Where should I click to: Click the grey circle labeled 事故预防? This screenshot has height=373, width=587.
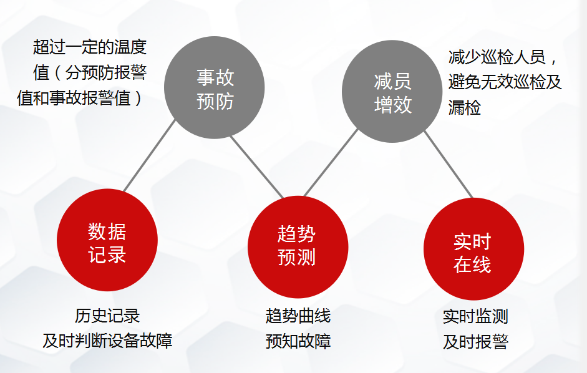coord(215,87)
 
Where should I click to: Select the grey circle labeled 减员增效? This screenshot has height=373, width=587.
coord(392,91)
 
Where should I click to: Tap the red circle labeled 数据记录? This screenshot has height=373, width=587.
coord(107,240)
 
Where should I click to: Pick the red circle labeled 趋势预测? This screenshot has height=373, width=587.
coord(298,247)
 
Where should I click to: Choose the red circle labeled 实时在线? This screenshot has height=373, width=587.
coord(474,249)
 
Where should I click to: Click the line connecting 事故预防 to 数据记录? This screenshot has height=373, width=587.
coord(149,156)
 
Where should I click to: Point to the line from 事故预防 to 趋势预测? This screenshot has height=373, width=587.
coord(257,167)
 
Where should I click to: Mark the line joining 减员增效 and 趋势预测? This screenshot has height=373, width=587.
coord(331,163)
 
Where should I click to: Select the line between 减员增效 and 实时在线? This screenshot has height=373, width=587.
coord(449,165)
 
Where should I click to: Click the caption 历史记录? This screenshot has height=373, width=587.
coord(107,316)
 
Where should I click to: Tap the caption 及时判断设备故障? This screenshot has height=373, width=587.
coord(107,341)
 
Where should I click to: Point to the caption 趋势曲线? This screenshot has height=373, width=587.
coord(298,316)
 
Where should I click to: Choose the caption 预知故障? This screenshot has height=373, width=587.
coord(298,341)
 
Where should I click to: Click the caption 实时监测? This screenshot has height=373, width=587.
coord(475,316)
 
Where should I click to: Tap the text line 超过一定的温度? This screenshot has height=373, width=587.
coord(90,47)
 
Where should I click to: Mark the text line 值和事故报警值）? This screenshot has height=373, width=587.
coord(80,98)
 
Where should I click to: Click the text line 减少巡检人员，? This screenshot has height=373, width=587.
coord(502,57)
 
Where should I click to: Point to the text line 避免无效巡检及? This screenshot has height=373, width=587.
coord(505,82)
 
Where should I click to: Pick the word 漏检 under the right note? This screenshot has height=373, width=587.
coord(465,107)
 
